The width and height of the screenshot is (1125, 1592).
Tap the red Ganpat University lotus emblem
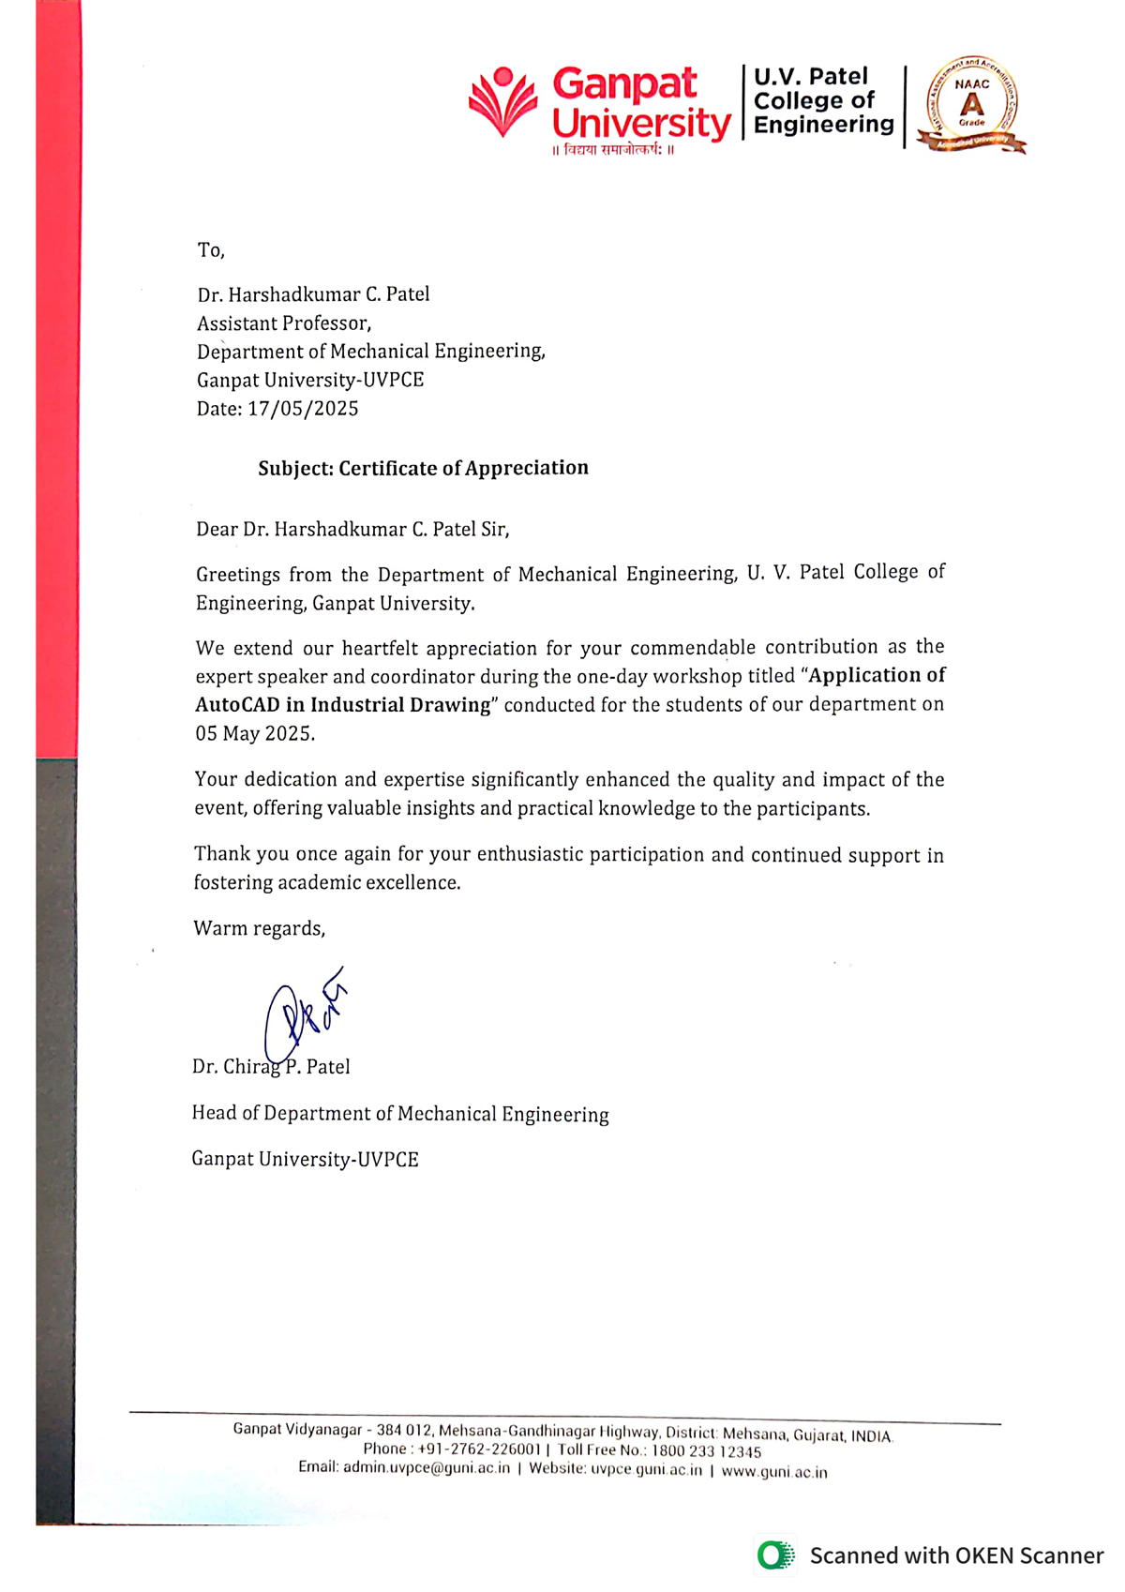tap(503, 101)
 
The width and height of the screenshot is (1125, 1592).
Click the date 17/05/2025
tap(303, 409)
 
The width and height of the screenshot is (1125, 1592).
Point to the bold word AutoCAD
tap(236, 705)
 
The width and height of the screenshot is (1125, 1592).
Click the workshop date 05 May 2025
tap(254, 733)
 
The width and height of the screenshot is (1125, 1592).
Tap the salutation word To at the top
tap(210, 250)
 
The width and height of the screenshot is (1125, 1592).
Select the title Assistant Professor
tap(283, 323)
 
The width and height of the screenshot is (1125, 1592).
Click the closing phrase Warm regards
tap(259, 928)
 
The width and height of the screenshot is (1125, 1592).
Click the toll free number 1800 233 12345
tap(706, 1450)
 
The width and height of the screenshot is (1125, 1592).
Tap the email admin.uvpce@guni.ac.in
tap(427, 1467)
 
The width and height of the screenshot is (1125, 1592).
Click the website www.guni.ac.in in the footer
tap(774, 1472)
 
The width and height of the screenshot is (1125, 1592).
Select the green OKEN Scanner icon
tap(774, 1555)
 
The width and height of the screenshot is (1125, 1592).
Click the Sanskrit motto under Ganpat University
tap(613, 150)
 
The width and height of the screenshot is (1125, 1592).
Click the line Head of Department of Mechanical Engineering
tap(400, 1114)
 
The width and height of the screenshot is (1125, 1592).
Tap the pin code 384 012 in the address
tap(403, 1430)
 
